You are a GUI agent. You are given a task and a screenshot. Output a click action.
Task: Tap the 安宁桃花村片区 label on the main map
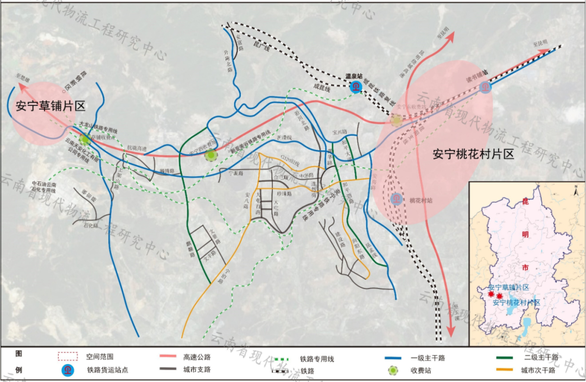pyautogui.click(x=473, y=154)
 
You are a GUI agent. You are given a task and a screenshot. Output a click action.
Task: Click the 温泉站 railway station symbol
pyautogui.click(x=356, y=86)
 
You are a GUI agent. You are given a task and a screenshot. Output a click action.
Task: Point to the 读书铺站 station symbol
pyautogui.click(x=485, y=86)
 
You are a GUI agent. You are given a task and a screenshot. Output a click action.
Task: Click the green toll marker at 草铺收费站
pyautogui.click(x=85, y=139)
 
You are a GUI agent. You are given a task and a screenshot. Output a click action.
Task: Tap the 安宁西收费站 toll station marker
pyautogui.click(x=211, y=156)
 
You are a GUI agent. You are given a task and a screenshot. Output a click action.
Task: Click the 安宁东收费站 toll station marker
pyautogui.click(x=397, y=120)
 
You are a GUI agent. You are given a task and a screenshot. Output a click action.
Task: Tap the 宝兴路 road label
pyautogui.click(x=338, y=132)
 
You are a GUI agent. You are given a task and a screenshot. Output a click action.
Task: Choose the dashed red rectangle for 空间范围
pyautogui.click(x=68, y=357)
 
